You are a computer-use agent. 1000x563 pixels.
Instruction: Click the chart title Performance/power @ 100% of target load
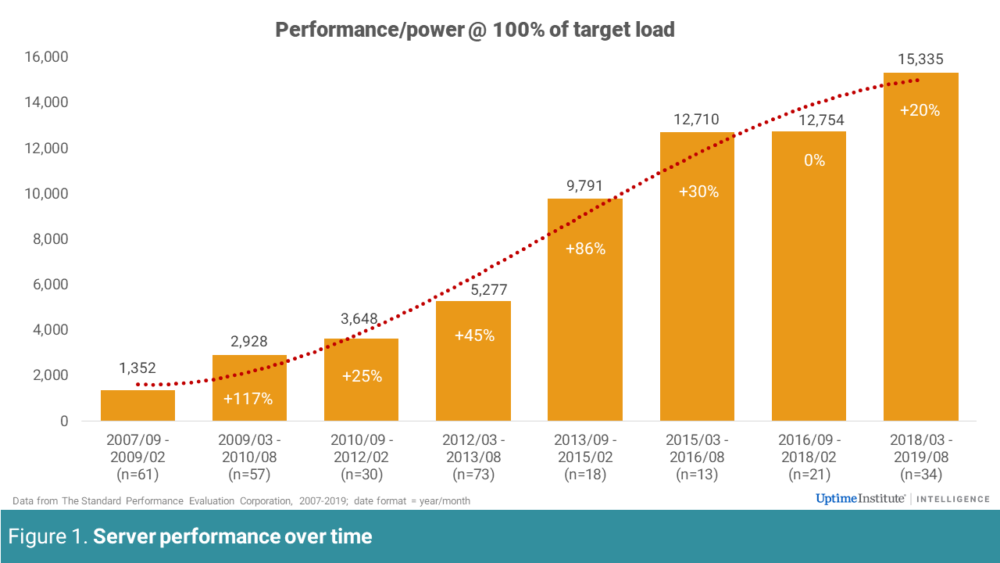474,30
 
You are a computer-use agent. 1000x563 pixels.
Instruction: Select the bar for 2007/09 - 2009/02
137,405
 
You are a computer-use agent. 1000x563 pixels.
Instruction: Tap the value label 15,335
920,59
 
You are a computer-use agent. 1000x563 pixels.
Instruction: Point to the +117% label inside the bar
248,399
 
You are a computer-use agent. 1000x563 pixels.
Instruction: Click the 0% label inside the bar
809,160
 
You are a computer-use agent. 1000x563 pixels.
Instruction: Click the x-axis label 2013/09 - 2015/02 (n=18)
584,456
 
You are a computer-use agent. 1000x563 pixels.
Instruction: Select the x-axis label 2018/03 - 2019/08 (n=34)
920,456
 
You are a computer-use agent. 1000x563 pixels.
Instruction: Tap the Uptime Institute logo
860,499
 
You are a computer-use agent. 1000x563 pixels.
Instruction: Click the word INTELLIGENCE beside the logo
953,499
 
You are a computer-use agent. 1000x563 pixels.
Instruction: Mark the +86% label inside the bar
585,249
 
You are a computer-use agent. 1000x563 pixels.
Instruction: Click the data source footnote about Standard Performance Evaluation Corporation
241,500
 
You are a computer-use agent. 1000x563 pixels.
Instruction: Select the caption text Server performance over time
233,537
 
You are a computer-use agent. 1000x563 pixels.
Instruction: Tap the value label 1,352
137,368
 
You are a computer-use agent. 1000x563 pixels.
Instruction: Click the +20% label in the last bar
920,110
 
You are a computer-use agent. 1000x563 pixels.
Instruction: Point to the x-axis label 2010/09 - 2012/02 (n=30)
361,456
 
